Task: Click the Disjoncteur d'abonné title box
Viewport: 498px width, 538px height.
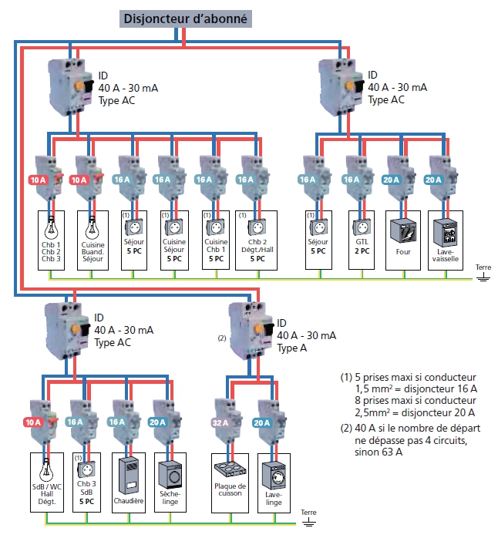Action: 185,19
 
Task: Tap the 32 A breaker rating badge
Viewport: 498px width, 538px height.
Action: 220,422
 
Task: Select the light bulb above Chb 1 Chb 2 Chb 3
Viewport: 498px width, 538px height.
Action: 53,227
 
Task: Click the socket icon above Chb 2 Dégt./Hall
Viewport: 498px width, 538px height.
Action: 254,228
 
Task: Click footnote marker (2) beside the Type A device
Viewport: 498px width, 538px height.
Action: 223,337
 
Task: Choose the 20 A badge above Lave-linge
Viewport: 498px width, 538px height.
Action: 262,422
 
